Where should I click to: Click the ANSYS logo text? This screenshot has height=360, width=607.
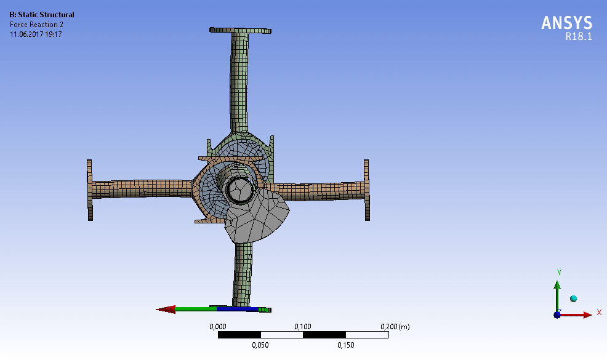click(566, 23)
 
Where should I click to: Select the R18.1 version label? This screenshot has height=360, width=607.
click(579, 36)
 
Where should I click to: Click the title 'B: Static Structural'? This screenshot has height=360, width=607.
click(42, 15)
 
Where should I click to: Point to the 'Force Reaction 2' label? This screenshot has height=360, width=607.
click(36, 25)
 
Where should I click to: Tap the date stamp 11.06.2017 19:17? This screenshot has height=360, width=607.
click(36, 34)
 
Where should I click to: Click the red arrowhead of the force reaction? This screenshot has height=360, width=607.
click(166, 310)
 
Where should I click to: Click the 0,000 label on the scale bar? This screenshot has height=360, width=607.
click(217, 327)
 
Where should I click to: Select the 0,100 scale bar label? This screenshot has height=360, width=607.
click(303, 327)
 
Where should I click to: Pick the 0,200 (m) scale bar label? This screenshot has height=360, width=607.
click(395, 327)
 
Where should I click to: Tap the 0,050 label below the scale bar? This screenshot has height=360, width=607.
click(260, 345)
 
